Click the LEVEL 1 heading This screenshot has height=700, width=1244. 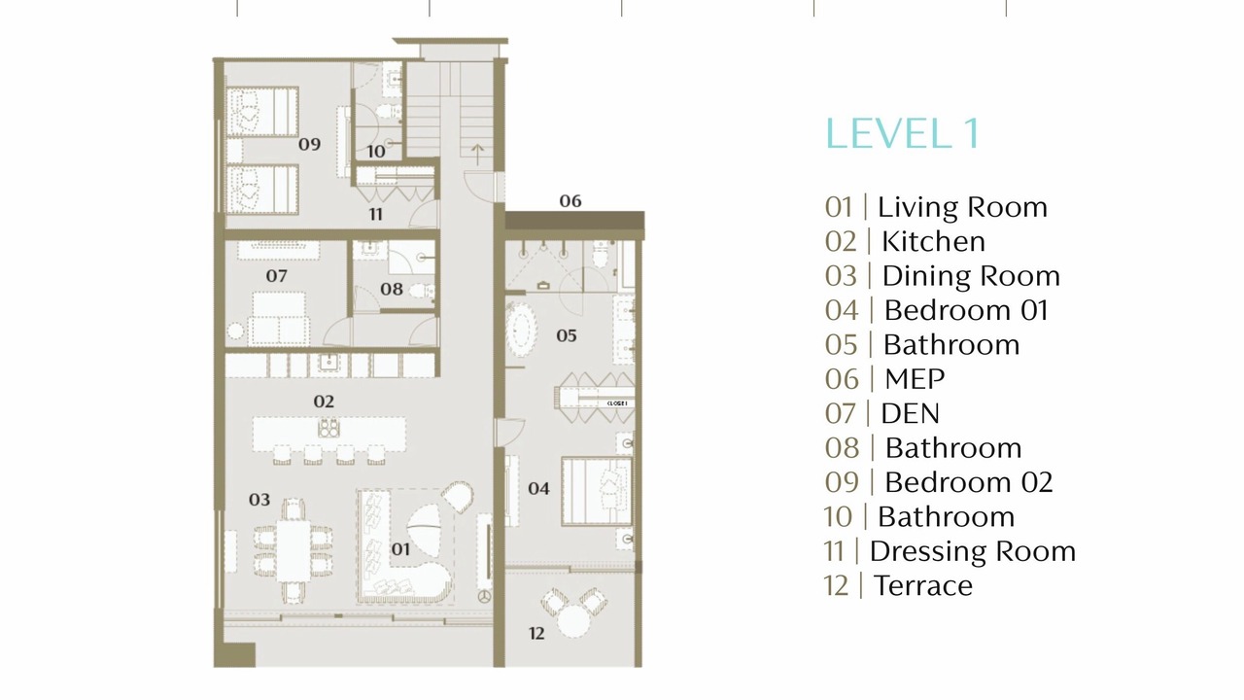point(903,134)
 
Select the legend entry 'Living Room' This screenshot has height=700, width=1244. point(962,207)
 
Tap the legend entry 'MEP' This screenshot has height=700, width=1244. point(915,379)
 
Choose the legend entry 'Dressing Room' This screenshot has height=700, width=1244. point(973,551)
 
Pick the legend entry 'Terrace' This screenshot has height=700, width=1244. point(923,585)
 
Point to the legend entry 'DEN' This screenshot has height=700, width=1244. point(911,414)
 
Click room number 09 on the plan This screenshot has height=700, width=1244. point(309,145)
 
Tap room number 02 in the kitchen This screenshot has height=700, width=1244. point(324,402)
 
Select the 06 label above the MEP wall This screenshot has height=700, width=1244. point(570,201)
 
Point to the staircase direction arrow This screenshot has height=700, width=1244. point(477,155)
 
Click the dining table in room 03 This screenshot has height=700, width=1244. point(294,550)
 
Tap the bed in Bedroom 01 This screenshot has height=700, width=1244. point(597,491)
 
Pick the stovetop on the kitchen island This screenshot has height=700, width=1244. point(328,428)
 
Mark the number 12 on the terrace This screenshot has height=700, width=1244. point(536,633)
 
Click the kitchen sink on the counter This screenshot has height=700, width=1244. point(328,364)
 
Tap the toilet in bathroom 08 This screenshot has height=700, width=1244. point(421,291)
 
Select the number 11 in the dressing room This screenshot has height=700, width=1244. point(376,215)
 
